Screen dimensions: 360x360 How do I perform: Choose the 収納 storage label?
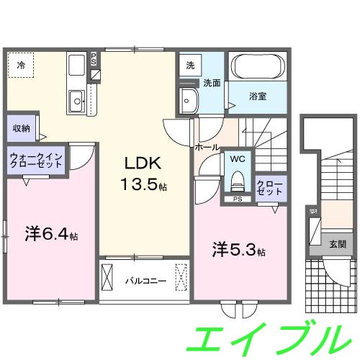point(21,128)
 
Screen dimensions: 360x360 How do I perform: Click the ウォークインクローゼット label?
point(37,160)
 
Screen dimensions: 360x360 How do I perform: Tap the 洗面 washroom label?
point(212,83)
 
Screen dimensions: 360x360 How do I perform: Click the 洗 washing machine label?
point(189,65)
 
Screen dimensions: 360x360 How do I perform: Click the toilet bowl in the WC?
point(237,179)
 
